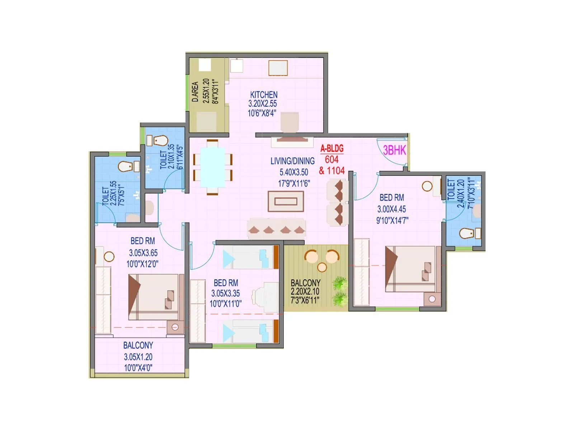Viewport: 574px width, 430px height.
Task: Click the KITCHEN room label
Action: pyautogui.click(x=264, y=95)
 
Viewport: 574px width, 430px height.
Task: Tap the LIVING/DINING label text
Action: pyautogui.click(x=292, y=161)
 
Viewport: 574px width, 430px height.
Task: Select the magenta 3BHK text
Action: pyautogui.click(x=394, y=150)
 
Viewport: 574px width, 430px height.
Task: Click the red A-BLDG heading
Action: pyautogui.click(x=332, y=148)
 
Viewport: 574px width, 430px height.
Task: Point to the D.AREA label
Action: pyautogui.click(x=195, y=92)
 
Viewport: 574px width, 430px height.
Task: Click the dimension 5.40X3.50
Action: pyautogui.click(x=294, y=172)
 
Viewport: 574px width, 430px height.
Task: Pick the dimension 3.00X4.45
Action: pyautogui.click(x=391, y=209)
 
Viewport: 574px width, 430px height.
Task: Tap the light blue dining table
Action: pyautogui.click(x=213, y=167)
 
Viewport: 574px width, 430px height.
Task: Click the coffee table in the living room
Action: pyautogui.click(x=286, y=201)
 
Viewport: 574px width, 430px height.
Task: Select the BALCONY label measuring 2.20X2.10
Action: pyautogui.click(x=305, y=283)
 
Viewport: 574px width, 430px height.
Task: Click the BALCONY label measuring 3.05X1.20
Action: pyautogui.click(x=138, y=345)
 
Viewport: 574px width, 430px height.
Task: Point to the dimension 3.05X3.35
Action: pyautogui.click(x=225, y=293)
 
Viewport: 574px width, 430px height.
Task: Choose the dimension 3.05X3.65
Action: pyautogui.click(x=143, y=253)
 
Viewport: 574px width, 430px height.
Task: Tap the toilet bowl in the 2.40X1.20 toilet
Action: pyautogui.click(x=467, y=233)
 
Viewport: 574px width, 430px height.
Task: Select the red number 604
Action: pyautogui.click(x=331, y=159)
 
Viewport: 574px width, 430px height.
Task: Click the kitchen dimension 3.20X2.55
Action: pyautogui.click(x=263, y=104)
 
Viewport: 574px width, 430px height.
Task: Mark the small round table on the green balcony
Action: pyautogui.click(x=322, y=267)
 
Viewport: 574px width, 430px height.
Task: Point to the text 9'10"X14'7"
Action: pyautogui.click(x=392, y=220)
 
